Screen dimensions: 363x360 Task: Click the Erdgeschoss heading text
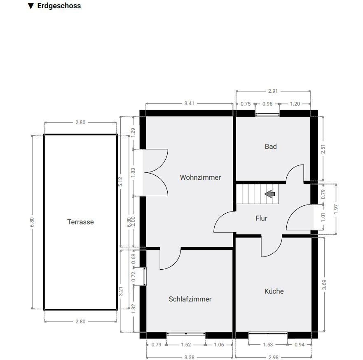point(59,6)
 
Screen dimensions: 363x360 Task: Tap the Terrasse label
point(80,222)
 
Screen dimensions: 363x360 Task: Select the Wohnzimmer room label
point(200,177)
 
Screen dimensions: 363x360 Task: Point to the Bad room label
point(271,146)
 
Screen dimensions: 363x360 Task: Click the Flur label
point(261,218)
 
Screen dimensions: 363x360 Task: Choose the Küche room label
point(274,291)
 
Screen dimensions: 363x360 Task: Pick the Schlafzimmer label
point(190,299)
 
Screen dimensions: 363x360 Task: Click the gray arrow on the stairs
point(270,194)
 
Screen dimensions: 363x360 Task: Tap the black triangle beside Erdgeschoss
point(31,6)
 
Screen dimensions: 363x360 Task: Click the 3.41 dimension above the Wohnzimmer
point(189,104)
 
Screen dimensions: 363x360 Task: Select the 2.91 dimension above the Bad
point(273,91)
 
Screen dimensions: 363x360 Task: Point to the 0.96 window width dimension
point(267,104)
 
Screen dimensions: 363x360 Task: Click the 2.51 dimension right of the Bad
point(323,149)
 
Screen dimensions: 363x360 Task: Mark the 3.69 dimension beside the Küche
point(324,285)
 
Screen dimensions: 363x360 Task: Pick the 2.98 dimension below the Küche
point(274,357)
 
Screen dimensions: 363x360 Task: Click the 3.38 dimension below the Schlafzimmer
point(190,357)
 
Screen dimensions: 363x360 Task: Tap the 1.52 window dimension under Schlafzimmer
point(186,345)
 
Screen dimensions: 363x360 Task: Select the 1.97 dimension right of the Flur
point(336,209)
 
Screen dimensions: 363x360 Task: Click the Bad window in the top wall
point(267,114)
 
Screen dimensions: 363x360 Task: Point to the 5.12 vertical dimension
point(120,182)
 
